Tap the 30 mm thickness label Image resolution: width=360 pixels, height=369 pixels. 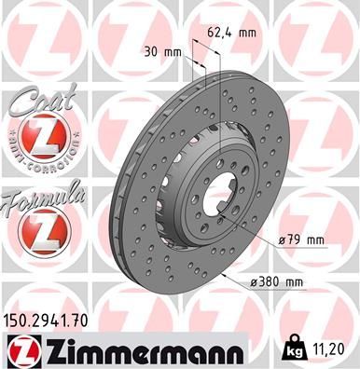(164, 51)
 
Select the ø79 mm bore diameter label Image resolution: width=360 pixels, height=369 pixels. (300, 240)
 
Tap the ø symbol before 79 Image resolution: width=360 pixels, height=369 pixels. (282, 241)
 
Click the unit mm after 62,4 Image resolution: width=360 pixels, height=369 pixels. (247, 33)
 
